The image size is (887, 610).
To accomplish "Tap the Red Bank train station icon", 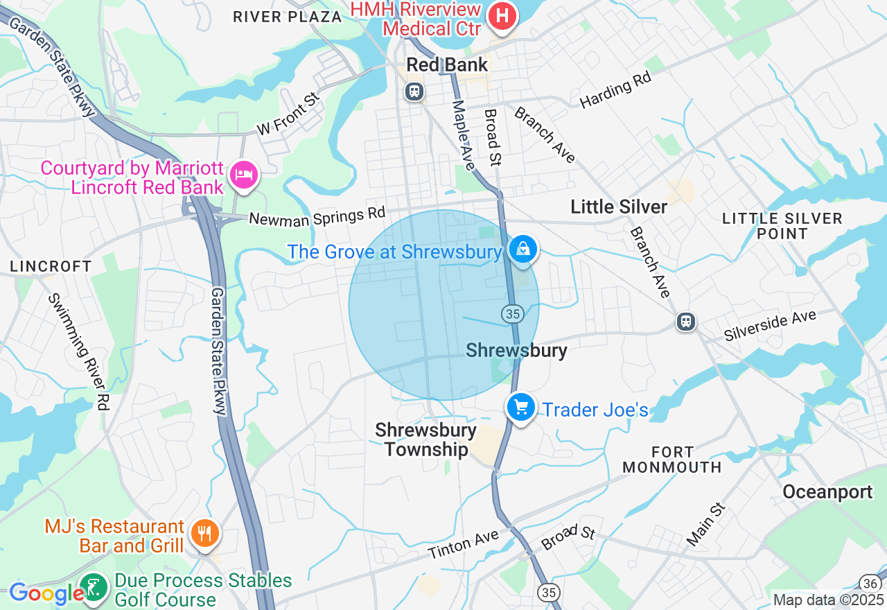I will point(414,91).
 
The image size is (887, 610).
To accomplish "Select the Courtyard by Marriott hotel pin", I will point(244,174).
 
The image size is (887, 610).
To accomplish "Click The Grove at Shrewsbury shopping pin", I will point(522,249).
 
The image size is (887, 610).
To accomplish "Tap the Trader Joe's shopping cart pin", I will point(520,407).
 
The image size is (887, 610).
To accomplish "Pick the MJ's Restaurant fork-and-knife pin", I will point(204,533).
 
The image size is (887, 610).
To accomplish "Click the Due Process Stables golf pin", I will point(94,588).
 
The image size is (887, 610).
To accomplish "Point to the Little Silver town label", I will point(619,207).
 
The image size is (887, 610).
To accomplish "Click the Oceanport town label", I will point(827,492).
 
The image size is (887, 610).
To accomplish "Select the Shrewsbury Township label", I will point(425,439).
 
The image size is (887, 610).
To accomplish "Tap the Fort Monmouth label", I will point(672,460).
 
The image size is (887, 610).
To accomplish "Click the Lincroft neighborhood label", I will point(51,266).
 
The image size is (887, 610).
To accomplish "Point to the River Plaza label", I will point(287,17).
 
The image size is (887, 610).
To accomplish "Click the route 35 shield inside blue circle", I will point(512,314).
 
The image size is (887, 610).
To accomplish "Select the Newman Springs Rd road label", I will point(317,217).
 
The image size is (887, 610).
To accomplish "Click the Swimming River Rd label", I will point(79,351).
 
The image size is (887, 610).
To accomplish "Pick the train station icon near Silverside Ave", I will point(686,322).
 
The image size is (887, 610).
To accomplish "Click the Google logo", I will point(46,593).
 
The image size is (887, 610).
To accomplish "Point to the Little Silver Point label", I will point(782,226).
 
